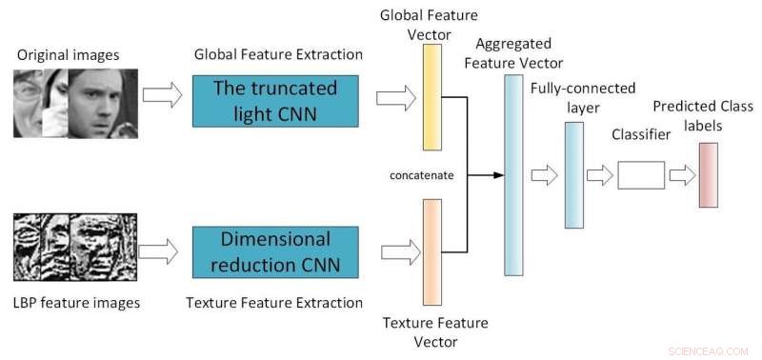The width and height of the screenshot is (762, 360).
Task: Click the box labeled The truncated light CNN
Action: (x=274, y=101)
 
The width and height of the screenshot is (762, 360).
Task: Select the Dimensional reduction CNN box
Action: (x=274, y=250)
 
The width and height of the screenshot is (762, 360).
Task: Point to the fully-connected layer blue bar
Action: (x=573, y=174)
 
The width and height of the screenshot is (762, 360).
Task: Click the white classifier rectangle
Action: (x=640, y=175)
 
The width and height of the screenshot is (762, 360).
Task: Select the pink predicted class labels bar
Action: (x=708, y=174)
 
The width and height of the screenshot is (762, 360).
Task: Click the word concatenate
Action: (x=420, y=175)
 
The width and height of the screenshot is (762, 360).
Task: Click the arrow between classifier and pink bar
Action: (x=682, y=175)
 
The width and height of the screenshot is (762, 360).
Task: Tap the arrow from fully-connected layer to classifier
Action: (x=600, y=175)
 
